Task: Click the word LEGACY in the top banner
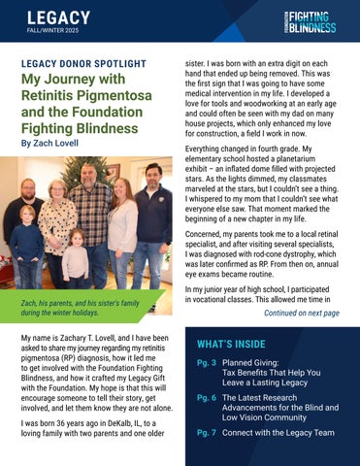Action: (57, 17)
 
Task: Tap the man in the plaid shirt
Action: (92, 209)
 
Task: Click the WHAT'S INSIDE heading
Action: (233, 345)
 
